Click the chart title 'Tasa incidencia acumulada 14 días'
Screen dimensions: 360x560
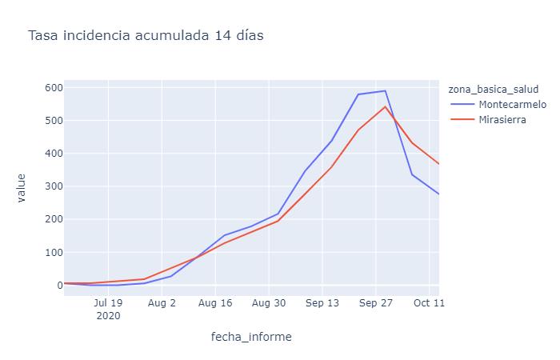[146, 36]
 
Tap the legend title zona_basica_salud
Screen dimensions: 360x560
[498, 89]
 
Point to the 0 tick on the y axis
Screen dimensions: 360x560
[57, 285]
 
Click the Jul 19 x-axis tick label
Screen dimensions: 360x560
[108, 304]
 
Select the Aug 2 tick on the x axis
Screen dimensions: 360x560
[162, 304]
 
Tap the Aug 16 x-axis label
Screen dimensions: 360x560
[215, 304]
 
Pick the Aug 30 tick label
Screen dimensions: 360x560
[269, 304]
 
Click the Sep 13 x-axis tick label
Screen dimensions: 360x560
[322, 304]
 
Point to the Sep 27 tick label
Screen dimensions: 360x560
[376, 304]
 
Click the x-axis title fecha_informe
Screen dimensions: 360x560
[251, 337]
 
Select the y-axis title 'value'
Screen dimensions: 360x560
[22, 187]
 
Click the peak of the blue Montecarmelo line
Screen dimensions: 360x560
[385, 90]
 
